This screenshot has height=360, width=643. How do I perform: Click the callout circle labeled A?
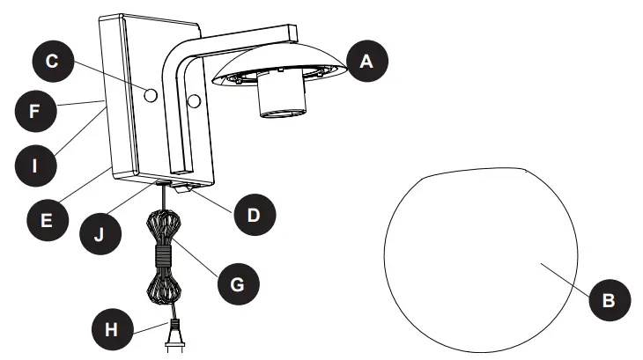point(365,62)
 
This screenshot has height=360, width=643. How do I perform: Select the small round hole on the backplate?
point(149,94)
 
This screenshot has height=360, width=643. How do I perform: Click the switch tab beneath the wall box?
point(181,187)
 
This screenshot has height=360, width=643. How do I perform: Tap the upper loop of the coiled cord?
point(164,227)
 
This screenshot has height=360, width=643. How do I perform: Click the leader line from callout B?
point(564,276)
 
